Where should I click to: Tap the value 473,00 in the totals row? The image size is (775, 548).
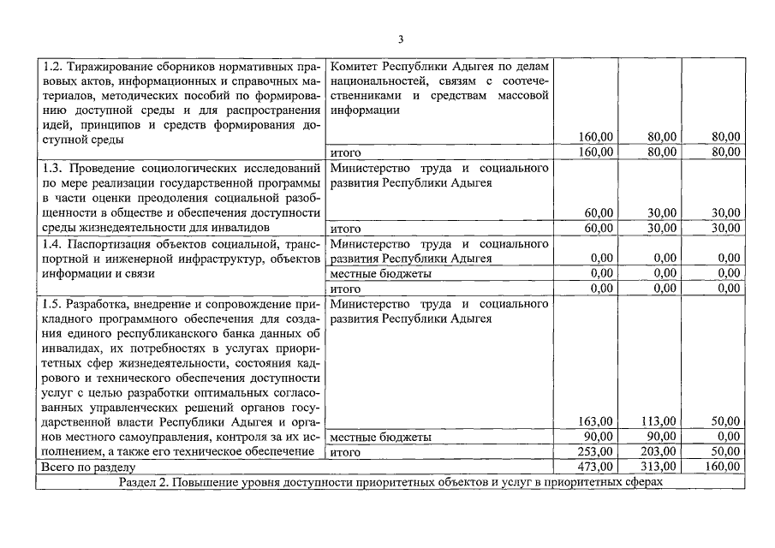[595, 467]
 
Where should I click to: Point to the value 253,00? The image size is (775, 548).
[595, 452]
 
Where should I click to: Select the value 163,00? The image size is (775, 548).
[595, 421]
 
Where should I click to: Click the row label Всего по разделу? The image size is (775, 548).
[87, 467]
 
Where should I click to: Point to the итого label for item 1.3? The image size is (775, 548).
[345, 228]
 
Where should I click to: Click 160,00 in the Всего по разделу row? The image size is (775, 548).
[721, 467]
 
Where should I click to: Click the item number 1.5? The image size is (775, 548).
[52, 303]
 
